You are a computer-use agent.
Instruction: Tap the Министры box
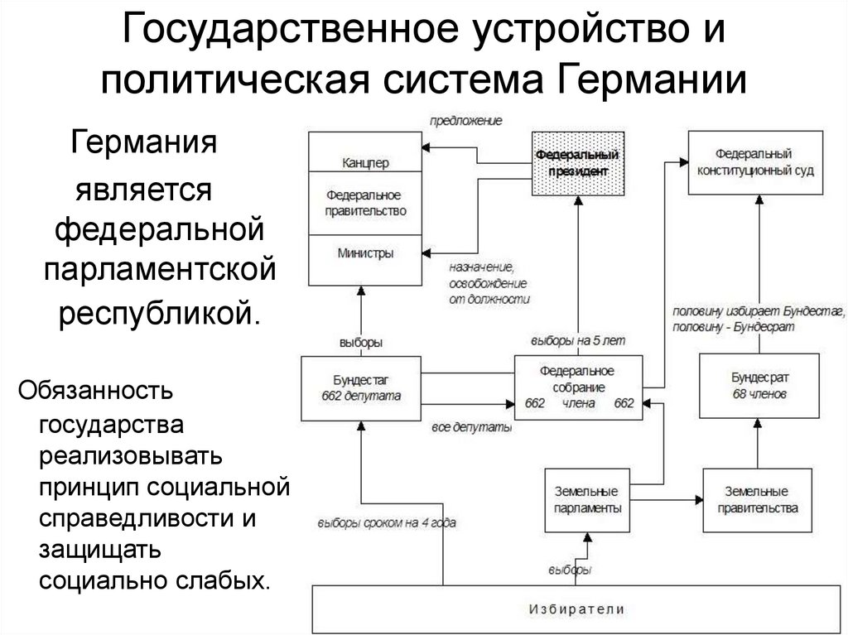pyautogui.click(x=364, y=253)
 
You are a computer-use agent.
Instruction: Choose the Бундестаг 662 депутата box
pyautogui.click(x=361, y=388)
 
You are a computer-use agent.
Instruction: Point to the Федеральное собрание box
pyautogui.click(x=578, y=387)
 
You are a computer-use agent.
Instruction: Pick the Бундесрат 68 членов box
pyautogui.click(x=759, y=386)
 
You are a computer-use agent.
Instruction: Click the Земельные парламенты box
pyautogui.click(x=585, y=500)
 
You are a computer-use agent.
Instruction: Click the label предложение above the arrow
pyautogui.click(x=465, y=121)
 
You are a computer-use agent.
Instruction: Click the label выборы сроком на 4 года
pyautogui.click(x=386, y=522)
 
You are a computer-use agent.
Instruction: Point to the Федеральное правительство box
pyautogui.click(x=364, y=203)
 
